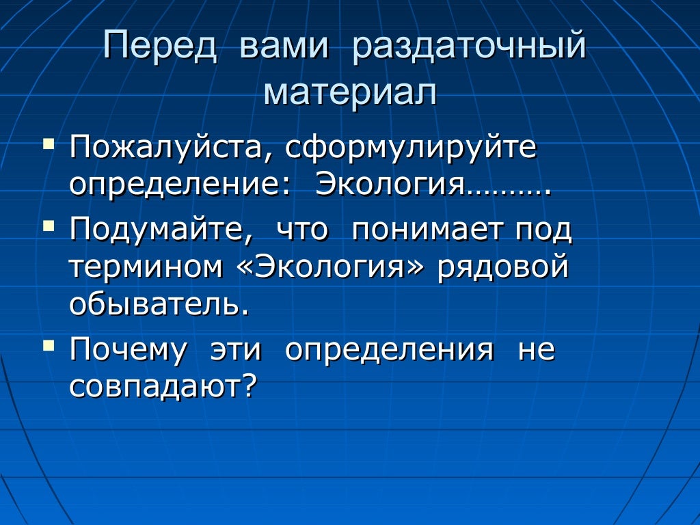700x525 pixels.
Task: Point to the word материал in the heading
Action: point(350,92)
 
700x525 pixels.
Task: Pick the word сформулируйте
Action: point(411,148)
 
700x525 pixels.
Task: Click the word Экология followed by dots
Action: point(432,185)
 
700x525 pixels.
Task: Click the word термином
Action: point(146,267)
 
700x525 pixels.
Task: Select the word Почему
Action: point(128,350)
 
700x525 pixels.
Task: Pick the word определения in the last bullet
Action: point(389,350)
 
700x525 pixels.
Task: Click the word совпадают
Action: point(163,387)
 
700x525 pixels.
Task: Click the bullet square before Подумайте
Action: point(48,224)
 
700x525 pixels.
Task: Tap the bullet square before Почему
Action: point(48,344)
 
